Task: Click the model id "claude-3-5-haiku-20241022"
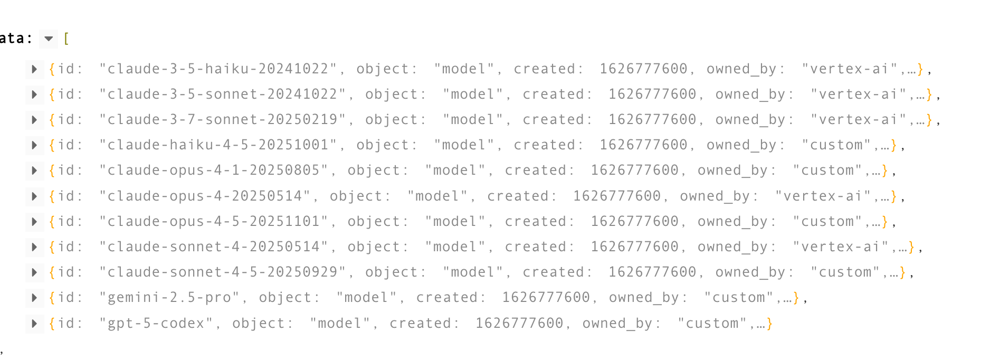217,69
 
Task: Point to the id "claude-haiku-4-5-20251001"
217,145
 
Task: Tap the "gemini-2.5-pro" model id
169,298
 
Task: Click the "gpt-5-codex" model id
156,324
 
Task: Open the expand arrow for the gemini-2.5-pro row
34,298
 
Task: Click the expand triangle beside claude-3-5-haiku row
34,69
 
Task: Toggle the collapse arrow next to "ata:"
49,39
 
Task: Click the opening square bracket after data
66,39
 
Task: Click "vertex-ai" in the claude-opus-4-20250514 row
823,196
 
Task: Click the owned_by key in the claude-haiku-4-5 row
745,145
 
